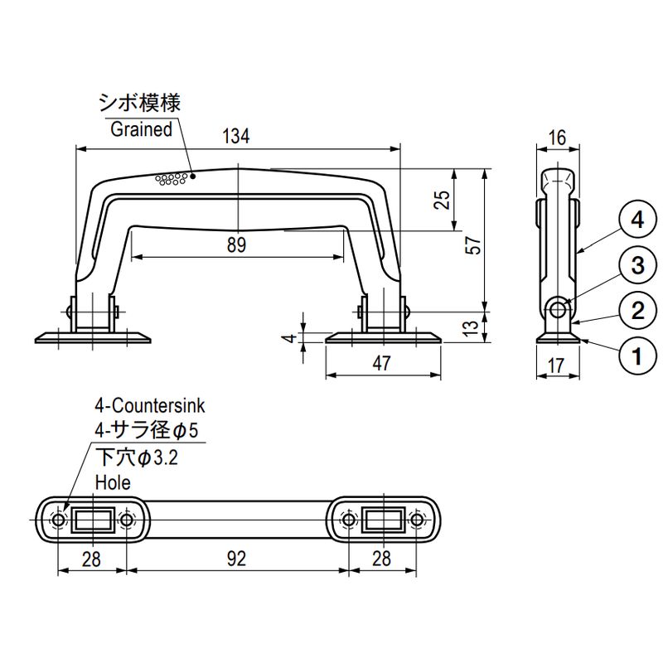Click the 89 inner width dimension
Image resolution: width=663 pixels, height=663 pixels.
coord(236,244)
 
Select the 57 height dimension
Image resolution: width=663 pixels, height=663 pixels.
coord(473,246)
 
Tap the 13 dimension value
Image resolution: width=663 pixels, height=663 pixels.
coord(471,327)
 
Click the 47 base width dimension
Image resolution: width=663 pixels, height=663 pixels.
coord(382,362)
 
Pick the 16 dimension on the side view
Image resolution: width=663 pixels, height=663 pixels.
coord(557,138)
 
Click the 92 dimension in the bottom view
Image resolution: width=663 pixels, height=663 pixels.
coord(236,559)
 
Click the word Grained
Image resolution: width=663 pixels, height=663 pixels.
coord(141,129)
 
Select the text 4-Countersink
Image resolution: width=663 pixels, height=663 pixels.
coord(149,406)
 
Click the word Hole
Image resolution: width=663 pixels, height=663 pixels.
coord(113,482)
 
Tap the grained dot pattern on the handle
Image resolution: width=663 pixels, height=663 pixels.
coord(170,179)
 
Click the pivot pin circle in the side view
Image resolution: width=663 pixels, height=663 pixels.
coord(559,309)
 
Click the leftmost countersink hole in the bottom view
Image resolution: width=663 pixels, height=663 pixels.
coord(59,520)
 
